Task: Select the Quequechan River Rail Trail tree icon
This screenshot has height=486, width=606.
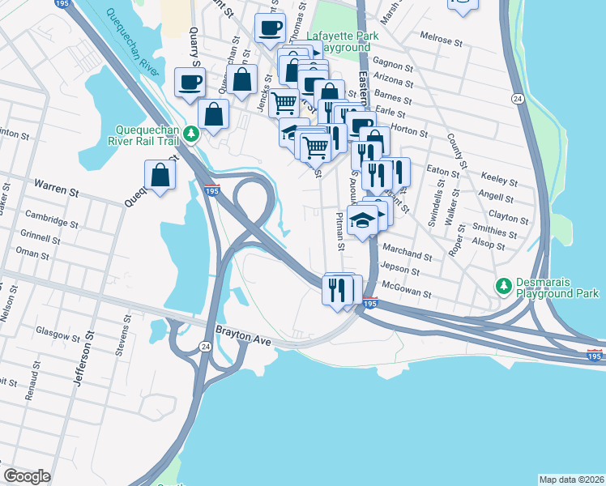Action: pos(190,134)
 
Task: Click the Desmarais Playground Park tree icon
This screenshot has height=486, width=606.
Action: pos(503,286)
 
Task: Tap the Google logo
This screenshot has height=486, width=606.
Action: pos(26,476)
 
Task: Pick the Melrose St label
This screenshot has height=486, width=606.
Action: pos(441,37)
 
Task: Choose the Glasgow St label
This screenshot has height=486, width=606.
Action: pos(58,330)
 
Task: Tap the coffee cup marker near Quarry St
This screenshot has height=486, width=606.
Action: pos(190,82)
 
